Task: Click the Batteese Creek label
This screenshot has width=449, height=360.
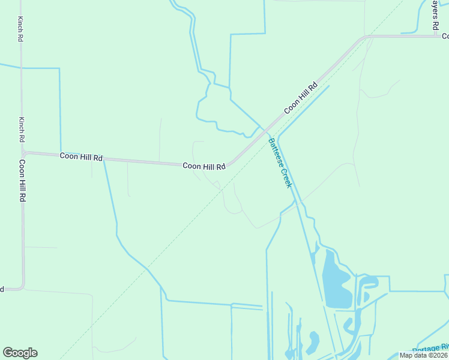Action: coord(280,163)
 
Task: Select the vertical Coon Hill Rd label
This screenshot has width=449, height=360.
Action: coord(22,180)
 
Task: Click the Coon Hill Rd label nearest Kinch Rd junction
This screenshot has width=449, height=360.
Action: coord(81,157)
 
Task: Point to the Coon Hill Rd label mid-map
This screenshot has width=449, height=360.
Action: coord(204,166)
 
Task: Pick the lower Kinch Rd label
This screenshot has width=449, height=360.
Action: coord(22,129)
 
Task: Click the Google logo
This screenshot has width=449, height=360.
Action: coord(20,353)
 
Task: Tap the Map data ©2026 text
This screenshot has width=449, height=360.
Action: coord(424,355)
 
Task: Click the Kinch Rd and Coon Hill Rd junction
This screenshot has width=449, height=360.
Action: coord(23,153)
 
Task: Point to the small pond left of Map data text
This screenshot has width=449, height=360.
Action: coord(312,342)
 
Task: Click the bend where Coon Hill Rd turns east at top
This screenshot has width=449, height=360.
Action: coord(364,38)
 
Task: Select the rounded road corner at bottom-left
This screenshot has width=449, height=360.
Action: coord(22,287)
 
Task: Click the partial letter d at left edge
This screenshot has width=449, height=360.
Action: coord(2,289)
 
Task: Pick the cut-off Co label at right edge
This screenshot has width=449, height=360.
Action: coord(445,36)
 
